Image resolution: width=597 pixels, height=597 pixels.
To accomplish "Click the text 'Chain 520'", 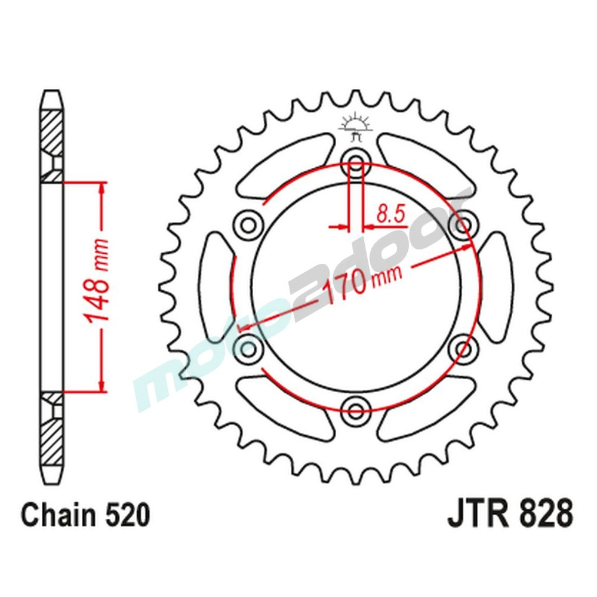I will point(85,515).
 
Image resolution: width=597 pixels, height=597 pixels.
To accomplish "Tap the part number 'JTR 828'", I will point(510,514).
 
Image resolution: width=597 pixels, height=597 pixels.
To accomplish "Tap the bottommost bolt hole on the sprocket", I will point(356,409).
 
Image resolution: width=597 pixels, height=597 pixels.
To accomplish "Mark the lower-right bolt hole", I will point(463,346).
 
